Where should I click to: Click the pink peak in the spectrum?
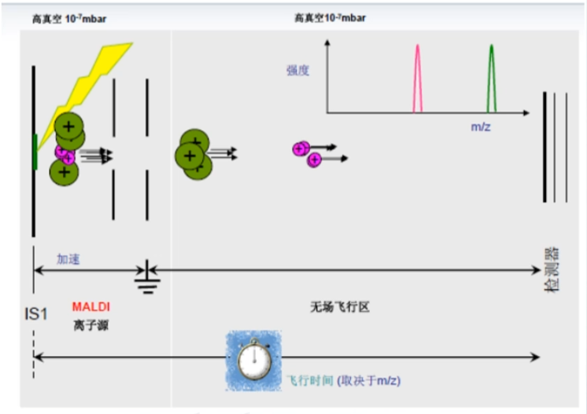coord(418,79)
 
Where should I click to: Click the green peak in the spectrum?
coord(491,79)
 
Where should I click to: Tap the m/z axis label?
coord(481,126)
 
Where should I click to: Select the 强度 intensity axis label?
coord(297,71)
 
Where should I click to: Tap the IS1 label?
coord(35,314)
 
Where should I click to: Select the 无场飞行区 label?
coord(340,307)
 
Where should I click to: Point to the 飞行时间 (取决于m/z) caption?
coord(342,381)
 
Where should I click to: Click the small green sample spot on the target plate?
coord(35,152)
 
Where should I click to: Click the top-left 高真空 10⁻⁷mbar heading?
coord(69,20)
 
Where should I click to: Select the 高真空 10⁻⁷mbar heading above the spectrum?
coord(330,17)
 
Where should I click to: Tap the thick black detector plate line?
coord(545,147)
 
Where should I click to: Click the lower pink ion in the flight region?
coord(315,160)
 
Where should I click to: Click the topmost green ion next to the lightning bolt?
coord(68,125)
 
